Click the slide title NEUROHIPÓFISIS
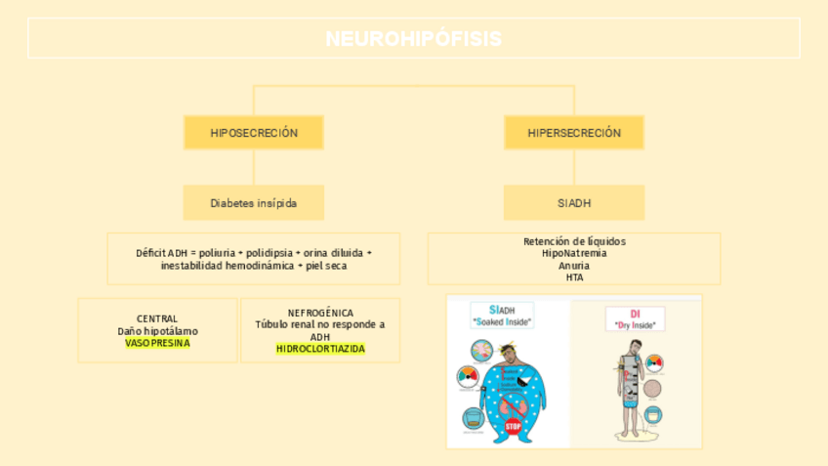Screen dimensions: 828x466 click(414, 39)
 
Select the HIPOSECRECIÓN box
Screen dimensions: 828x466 click(254, 133)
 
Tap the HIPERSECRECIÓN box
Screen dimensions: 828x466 click(574, 133)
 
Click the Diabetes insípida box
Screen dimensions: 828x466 click(254, 203)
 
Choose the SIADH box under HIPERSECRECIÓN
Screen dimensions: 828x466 click(574, 203)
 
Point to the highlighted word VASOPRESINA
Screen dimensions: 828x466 click(157, 343)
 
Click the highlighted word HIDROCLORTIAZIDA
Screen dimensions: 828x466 click(320, 349)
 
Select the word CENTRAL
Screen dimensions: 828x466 click(157, 318)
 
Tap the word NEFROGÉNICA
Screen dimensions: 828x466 click(320, 313)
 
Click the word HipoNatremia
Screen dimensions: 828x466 click(574, 253)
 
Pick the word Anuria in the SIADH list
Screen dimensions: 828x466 click(574, 265)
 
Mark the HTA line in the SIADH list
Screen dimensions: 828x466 click(574, 277)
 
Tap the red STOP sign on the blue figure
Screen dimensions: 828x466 click(513, 426)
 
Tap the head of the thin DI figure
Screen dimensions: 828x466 click(635, 347)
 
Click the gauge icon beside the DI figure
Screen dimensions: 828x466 click(655, 363)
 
